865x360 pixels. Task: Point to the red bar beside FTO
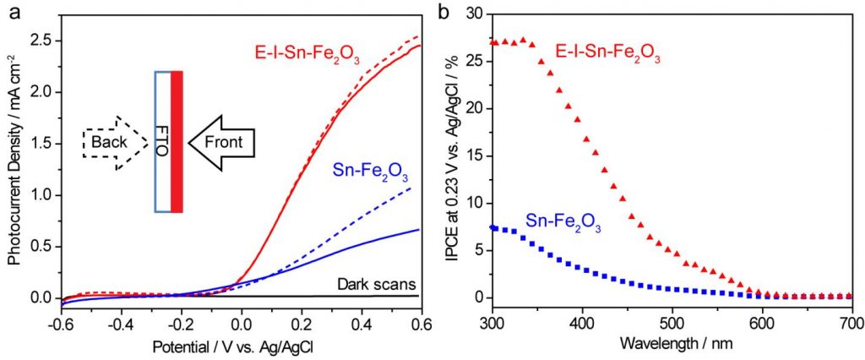click(177, 141)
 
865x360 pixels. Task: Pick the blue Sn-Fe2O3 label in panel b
click(562, 222)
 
